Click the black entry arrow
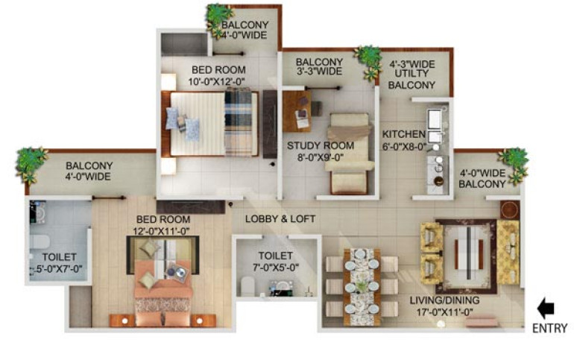[x=546, y=308]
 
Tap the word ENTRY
[x=549, y=328]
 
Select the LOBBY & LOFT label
[x=280, y=219]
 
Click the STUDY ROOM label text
[x=321, y=145]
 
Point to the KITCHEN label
[x=404, y=134]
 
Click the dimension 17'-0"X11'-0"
[x=445, y=312]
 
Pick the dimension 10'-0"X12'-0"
[x=217, y=81]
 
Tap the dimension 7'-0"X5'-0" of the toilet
[x=276, y=268]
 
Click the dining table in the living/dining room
[x=362, y=287]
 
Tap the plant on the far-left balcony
[x=31, y=165]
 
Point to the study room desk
[x=297, y=111]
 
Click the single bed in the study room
[x=349, y=154]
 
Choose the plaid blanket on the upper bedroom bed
[x=239, y=123]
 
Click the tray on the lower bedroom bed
[x=177, y=273]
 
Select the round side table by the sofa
[x=510, y=210]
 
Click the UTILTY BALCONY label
[x=411, y=80]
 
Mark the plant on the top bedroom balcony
[x=219, y=21]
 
